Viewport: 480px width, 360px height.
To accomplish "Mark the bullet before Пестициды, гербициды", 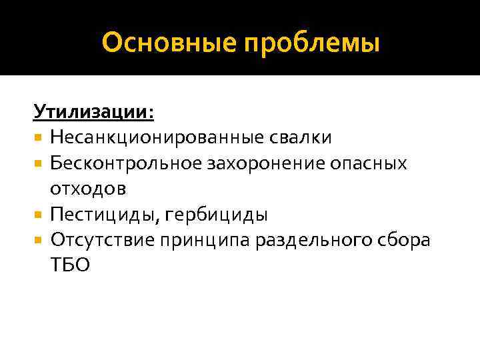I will coord(39,215).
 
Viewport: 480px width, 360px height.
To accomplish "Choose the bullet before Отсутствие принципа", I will coord(39,240).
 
